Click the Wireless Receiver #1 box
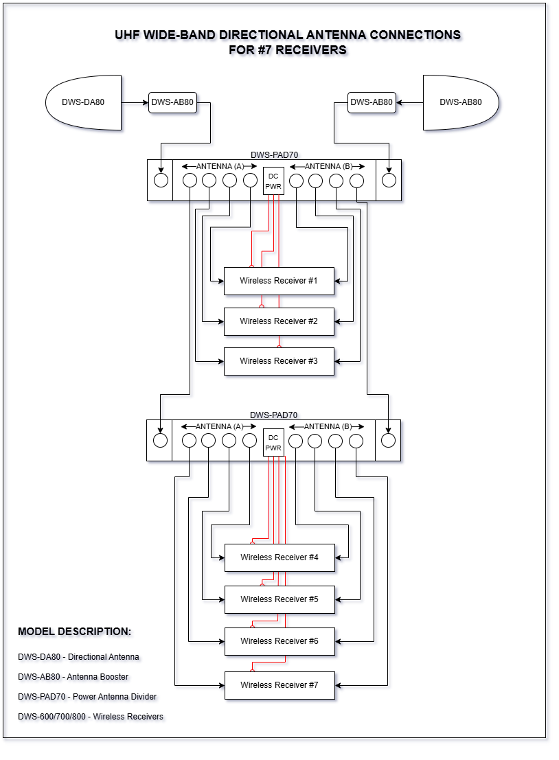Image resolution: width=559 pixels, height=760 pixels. click(279, 281)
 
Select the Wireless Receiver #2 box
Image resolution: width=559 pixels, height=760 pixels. click(279, 321)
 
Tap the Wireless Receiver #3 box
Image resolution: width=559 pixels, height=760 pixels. click(279, 361)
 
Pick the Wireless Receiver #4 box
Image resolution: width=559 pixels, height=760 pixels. click(279, 557)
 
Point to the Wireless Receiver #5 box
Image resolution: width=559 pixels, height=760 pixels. click(279, 599)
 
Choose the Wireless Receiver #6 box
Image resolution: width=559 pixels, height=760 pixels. click(279, 641)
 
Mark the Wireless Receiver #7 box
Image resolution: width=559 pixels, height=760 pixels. click(279, 685)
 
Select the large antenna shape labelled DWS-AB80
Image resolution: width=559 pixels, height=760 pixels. click(461, 103)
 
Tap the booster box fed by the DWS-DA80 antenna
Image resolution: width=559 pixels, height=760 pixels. click(172, 103)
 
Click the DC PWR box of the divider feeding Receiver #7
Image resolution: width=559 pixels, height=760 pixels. click(273, 443)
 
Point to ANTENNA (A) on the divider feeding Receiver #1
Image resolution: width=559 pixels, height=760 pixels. click(220, 166)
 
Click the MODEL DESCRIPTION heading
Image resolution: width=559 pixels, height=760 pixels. click(74, 632)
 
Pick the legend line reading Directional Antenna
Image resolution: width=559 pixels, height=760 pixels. click(78, 657)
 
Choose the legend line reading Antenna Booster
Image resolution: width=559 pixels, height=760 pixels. click(73, 677)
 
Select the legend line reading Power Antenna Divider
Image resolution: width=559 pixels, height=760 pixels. click(87, 697)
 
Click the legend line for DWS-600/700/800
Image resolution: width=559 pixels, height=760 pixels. click(91, 717)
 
